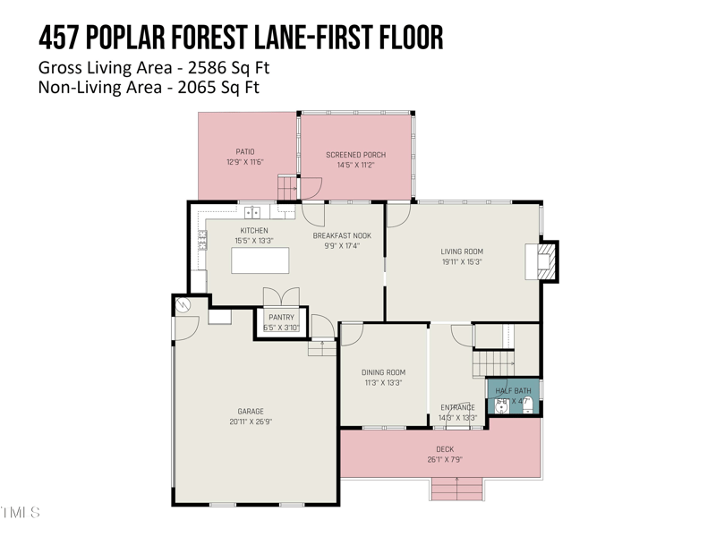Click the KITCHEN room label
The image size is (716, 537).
[x=254, y=231]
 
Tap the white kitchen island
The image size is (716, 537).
[x=260, y=260]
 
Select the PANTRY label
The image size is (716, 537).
[x=281, y=318]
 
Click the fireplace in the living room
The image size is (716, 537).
[x=546, y=260]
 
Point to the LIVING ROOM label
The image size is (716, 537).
[x=461, y=251]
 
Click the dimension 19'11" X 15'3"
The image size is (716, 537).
[x=461, y=262]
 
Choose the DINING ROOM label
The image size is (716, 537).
[x=383, y=372]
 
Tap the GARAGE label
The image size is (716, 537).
[x=251, y=412]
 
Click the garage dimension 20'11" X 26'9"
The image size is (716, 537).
[x=251, y=422]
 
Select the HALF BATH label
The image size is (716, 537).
[x=513, y=391]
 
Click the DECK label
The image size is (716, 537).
[x=445, y=449]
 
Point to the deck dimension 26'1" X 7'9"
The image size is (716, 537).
[x=445, y=460]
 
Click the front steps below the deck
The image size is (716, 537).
[x=456, y=490]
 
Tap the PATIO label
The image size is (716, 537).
[x=245, y=152]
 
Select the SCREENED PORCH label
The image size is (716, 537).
[x=355, y=155]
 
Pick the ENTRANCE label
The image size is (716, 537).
[x=457, y=407]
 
